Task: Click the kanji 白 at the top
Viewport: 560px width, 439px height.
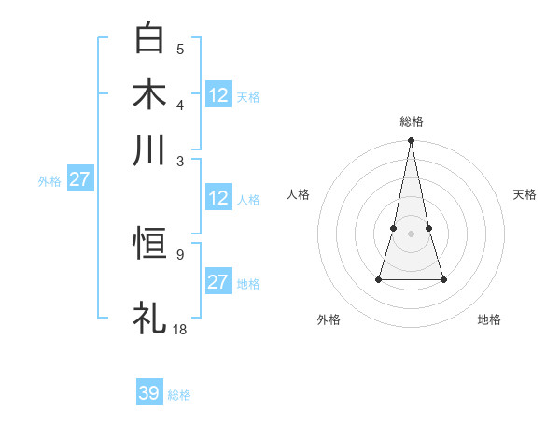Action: point(150,40)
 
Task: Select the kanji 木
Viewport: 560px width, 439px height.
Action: point(150,95)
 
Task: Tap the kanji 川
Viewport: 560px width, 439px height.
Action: point(150,150)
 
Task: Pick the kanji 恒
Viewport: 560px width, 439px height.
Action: point(150,245)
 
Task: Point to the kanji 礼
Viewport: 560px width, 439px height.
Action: point(150,317)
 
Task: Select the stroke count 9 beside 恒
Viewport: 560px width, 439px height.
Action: point(180,252)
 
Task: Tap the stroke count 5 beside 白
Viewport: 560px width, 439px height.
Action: point(180,49)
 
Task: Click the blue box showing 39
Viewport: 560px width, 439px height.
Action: point(149,393)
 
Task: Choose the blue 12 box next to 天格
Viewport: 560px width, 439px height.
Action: point(218,95)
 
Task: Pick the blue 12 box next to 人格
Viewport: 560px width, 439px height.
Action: point(218,198)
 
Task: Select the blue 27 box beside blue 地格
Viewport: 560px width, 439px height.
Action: point(218,282)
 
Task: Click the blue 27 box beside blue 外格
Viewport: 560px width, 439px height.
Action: point(79,179)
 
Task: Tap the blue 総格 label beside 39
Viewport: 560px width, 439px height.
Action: point(179,395)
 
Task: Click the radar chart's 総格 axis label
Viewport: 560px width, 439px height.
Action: point(411,122)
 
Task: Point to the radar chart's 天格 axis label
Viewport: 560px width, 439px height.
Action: point(525,194)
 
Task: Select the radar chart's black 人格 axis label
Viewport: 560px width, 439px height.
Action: point(298,194)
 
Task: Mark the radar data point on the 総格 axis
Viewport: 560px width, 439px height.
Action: point(411,141)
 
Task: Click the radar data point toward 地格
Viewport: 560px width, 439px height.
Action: point(443,279)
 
